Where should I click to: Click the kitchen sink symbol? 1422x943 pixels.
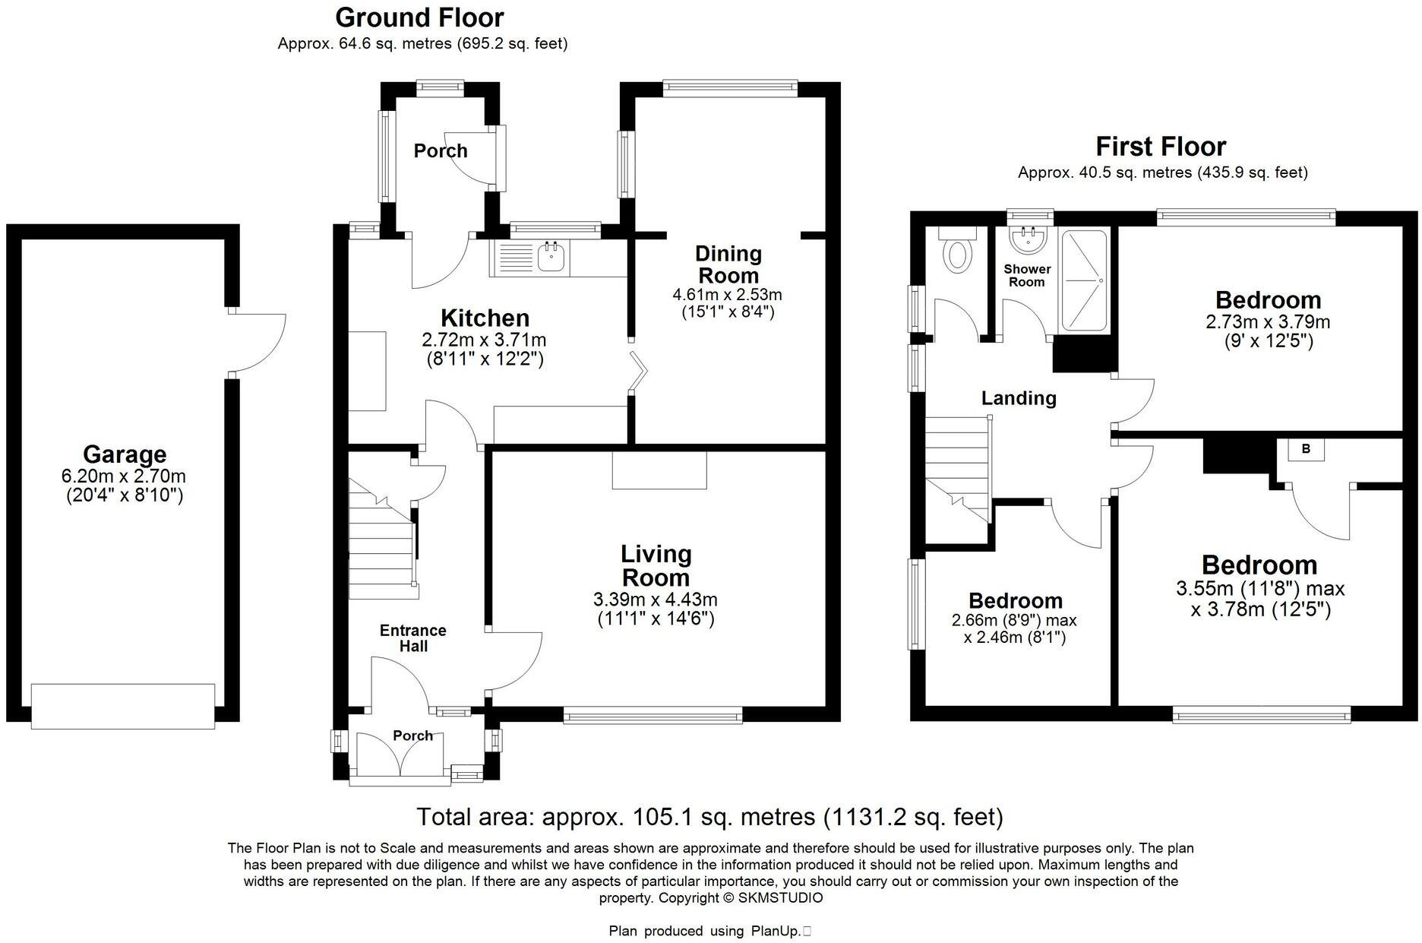(551, 258)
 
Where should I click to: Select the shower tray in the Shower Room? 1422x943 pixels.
(1084, 280)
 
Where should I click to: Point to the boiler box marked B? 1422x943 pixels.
(1306, 449)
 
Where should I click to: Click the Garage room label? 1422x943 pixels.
(125, 454)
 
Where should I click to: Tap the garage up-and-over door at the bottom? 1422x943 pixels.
(123, 706)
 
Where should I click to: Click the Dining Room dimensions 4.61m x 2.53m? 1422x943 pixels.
(727, 294)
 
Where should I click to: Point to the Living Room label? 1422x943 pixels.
(656, 565)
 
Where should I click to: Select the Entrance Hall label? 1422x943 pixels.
(413, 638)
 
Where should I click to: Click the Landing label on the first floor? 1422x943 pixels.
(1019, 398)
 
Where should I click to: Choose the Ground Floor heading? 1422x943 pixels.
(419, 17)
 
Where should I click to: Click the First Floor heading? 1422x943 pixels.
(1161, 146)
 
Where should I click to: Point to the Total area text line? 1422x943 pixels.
(709, 817)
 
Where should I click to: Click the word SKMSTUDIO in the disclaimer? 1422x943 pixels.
(780, 897)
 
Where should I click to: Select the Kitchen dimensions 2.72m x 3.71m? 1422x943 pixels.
(484, 340)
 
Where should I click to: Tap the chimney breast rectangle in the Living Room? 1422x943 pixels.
(659, 470)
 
